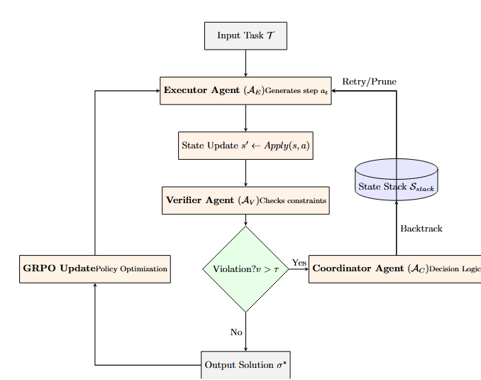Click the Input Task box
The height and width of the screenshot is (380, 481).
point(245,36)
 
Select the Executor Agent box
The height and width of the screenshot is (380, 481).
point(245,90)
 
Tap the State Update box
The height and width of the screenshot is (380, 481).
point(245,145)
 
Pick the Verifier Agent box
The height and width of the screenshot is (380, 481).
point(245,200)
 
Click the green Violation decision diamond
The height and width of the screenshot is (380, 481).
point(245,268)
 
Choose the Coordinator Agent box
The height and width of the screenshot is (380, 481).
point(394,268)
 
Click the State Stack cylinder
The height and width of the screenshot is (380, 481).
point(396,180)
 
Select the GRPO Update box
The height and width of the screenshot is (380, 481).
point(94,268)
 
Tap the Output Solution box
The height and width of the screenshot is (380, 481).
point(245,364)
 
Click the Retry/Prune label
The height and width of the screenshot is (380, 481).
point(369,82)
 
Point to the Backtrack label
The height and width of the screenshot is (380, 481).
point(421,229)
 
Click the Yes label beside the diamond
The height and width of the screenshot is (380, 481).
point(299,263)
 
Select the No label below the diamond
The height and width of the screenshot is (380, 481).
point(236,332)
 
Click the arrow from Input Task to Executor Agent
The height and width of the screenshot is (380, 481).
point(245,63)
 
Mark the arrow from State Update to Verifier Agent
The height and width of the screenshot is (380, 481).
point(245,173)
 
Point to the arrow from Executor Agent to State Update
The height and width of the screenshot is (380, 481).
point(245,118)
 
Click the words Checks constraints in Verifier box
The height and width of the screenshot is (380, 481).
point(292,201)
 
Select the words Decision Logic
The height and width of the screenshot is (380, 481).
point(455,269)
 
